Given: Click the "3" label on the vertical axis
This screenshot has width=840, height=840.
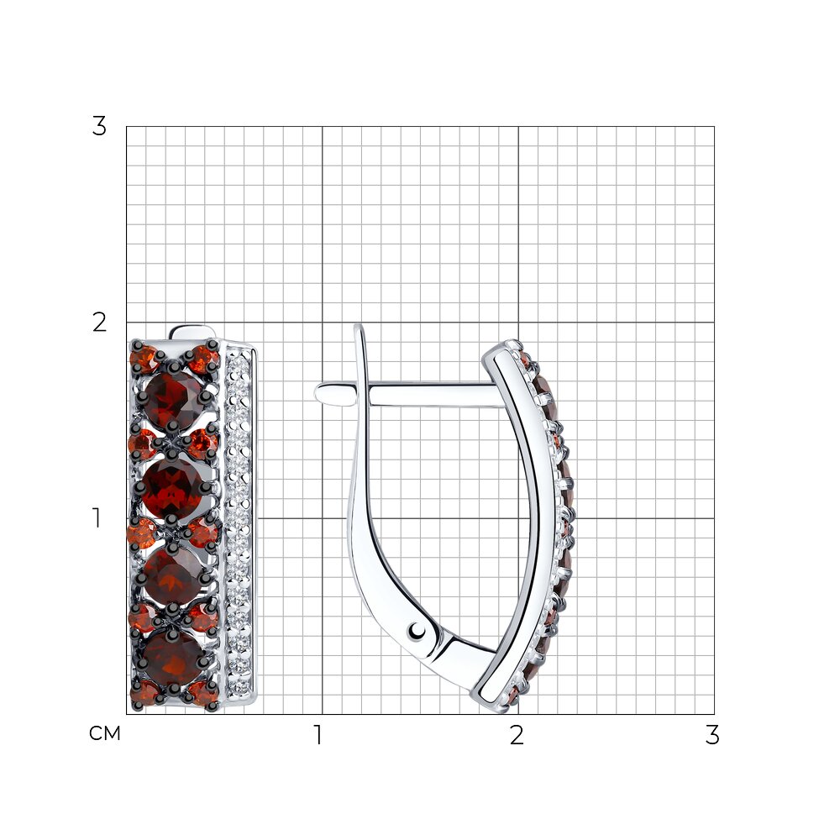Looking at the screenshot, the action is (99, 127).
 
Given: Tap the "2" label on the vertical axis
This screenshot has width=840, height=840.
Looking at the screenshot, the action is (99, 323).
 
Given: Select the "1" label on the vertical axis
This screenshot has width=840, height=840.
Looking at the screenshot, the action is (97, 518).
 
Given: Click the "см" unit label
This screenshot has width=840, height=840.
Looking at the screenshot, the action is (105, 733).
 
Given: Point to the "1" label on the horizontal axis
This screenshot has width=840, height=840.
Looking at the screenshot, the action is (318, 735).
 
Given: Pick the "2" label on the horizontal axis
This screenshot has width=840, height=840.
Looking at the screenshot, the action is (517, 735).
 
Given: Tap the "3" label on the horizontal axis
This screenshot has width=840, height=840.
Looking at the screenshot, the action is (712, 735).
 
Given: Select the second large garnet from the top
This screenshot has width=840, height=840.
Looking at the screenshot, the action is (172, 487).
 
